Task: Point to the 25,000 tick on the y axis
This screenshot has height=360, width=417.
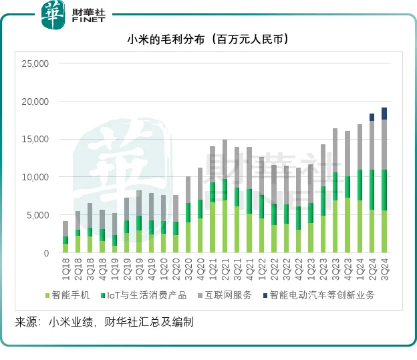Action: click(35, 64)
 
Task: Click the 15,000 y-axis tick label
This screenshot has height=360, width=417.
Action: click(35, 140)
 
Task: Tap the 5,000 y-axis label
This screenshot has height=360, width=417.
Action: click(37, 215)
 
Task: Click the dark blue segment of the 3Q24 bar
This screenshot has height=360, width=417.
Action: click(384, 114)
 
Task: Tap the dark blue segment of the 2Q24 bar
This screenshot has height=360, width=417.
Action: click(372, 118)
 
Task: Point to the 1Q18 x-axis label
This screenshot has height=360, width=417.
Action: click(65, 265)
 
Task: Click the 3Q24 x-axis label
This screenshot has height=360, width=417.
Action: click(384, 265)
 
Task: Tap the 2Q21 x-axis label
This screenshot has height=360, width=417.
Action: click(225, 265)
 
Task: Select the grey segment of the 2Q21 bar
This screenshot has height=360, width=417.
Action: click(225, 159)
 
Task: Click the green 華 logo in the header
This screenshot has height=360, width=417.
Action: click(54, 15)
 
